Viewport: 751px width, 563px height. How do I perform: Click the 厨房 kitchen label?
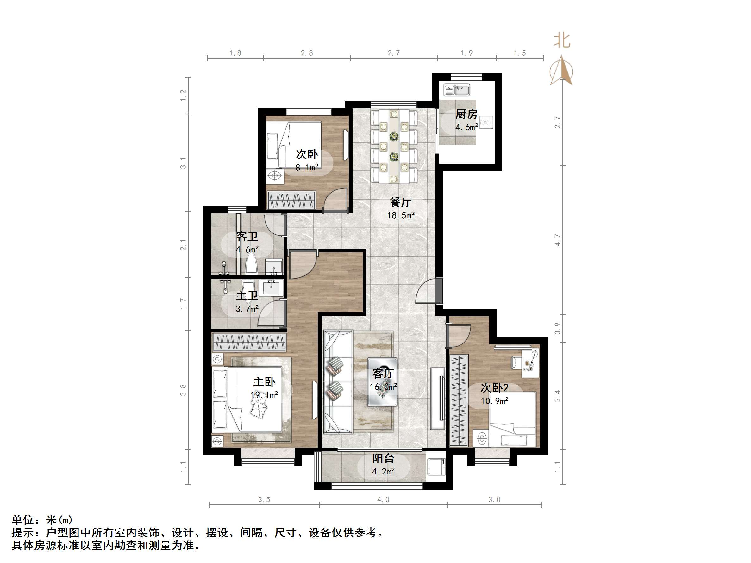pyautogui.click(x=466, y=114)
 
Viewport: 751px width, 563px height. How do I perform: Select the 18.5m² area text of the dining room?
pyautogui.click(x=401, y=215)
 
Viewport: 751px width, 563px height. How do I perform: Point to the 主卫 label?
pyautogui.click(x=247, y=296)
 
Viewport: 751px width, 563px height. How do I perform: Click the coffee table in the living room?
pyautogui.click(x=383, y=382)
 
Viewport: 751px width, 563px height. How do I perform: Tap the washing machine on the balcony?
pyautogui.click(x=436, y=467)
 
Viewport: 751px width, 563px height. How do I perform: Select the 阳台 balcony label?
pyautogui.click(x=383, y=459)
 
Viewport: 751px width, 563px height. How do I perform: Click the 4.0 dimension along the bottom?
pyautogui.click(x=383, y=499)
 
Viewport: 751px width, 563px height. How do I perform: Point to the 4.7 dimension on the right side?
pyautogui.click(x=557, y=240)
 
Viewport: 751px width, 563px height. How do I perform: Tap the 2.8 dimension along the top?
pyautogui.click(x=307, y=53)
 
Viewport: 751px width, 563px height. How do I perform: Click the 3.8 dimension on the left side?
pyautogui.click(x=183, y=390)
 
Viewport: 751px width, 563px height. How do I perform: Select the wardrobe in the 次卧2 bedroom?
pyautogui.click(x=459, y=400)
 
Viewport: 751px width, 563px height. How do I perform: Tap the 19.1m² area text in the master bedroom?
pyautogui.click(x=264, y=395)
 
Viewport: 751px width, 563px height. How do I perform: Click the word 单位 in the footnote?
pyautogui.click(x=23, y=520)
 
